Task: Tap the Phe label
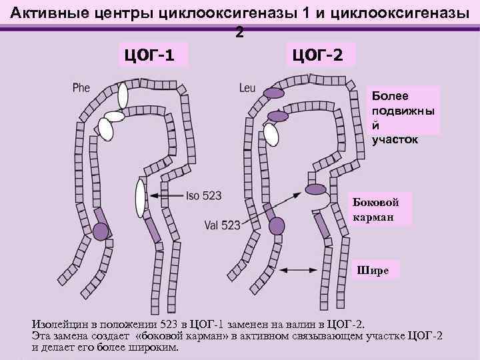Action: point(82,88)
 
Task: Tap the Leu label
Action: point(247,87)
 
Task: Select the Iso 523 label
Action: point(205,195)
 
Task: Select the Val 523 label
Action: point(223,225)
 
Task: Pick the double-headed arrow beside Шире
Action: point(303,269)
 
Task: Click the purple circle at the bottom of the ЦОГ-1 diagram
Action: point(101,231)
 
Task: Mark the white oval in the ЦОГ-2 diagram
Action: point(271,135)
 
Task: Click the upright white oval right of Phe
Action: point(123,95)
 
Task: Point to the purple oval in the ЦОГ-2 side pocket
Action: point(317,189)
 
